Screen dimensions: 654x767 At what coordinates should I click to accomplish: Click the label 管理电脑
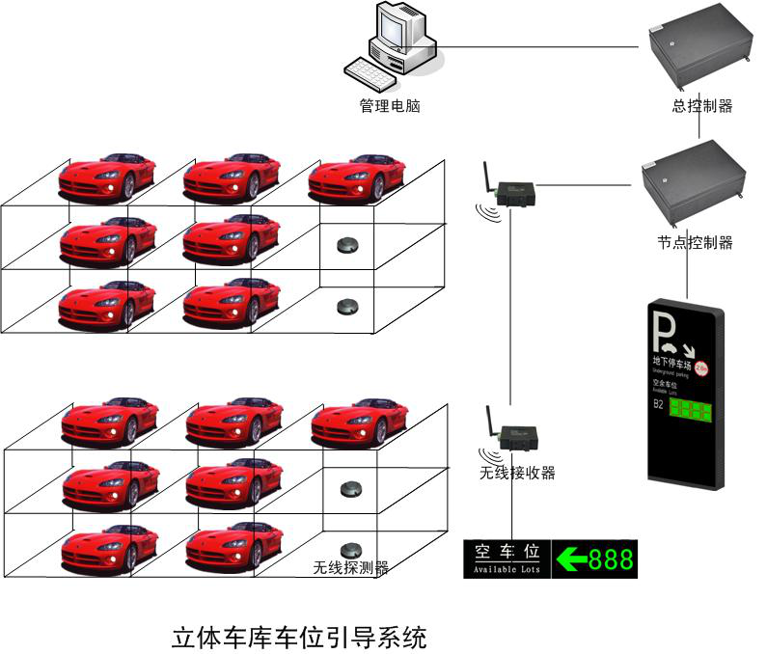point(390,106)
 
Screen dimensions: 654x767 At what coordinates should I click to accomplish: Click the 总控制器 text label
point(701,106)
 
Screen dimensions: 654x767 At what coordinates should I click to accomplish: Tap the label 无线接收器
point(517,473)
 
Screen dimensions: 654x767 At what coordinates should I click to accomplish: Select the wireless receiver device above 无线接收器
point(514,436)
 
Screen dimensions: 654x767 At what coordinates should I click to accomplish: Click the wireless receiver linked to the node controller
point(512,191)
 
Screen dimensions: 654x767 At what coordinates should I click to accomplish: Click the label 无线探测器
point(350,568)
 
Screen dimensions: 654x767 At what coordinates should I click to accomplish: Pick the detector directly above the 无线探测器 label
point(350,547)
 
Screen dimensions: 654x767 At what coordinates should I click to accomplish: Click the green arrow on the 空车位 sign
point(573,559)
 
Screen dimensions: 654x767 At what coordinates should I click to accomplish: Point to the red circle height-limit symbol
point(702,368)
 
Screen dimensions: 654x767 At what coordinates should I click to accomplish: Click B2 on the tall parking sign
point(659,404)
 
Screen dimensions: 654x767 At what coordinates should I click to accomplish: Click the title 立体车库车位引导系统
point(298,638)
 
